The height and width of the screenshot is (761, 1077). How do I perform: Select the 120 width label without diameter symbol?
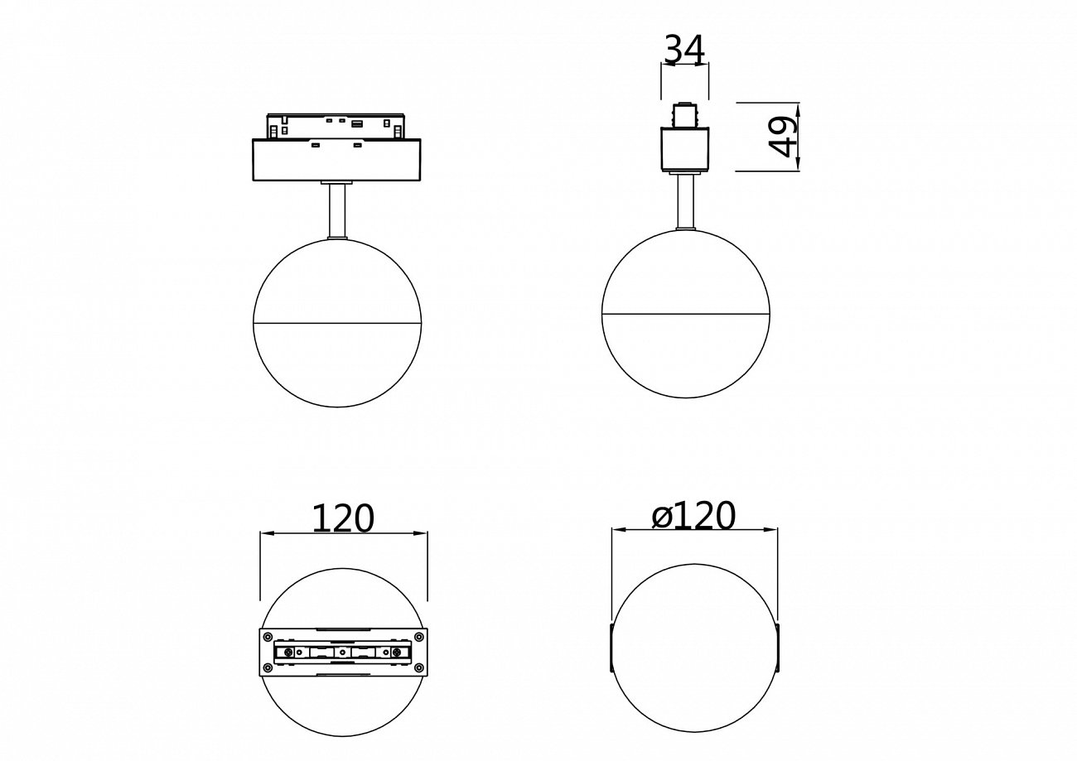pyautogui.click(x=343, y=518)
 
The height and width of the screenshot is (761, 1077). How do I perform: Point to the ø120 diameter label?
pyautogui.click(x=693, y=516)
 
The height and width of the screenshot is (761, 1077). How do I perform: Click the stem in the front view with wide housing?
pyautogui.click(x=337, y=211)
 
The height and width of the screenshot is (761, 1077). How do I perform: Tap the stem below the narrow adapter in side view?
pyautogui.click(x=685, y=201)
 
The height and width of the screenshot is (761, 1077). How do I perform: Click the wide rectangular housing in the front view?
pyautogui.click(x=337, y=159)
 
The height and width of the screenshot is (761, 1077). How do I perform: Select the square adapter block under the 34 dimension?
pyautogui.click(x=685, y=149)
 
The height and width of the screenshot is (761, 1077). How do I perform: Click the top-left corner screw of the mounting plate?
pyautogui.click(x=268, y=637)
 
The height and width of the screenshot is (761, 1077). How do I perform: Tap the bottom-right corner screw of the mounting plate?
pyautogui.click(x=420, y=667)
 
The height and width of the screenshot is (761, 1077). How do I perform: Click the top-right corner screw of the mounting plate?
pyautogui.click(x=420, y=637)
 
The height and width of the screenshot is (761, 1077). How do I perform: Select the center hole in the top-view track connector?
pyautogui.click(x=343, y=653)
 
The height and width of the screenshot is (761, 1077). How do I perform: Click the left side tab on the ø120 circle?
pyautogui.click(x=611, y=648)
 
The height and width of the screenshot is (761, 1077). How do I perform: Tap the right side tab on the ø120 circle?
pyautogui.click(x=779, y=648)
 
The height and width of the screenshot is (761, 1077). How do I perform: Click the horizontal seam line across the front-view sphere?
pyautogui.click(x=337, y=322)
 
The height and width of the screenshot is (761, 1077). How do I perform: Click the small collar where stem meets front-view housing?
pyautogui.click(x=337, y=181)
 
